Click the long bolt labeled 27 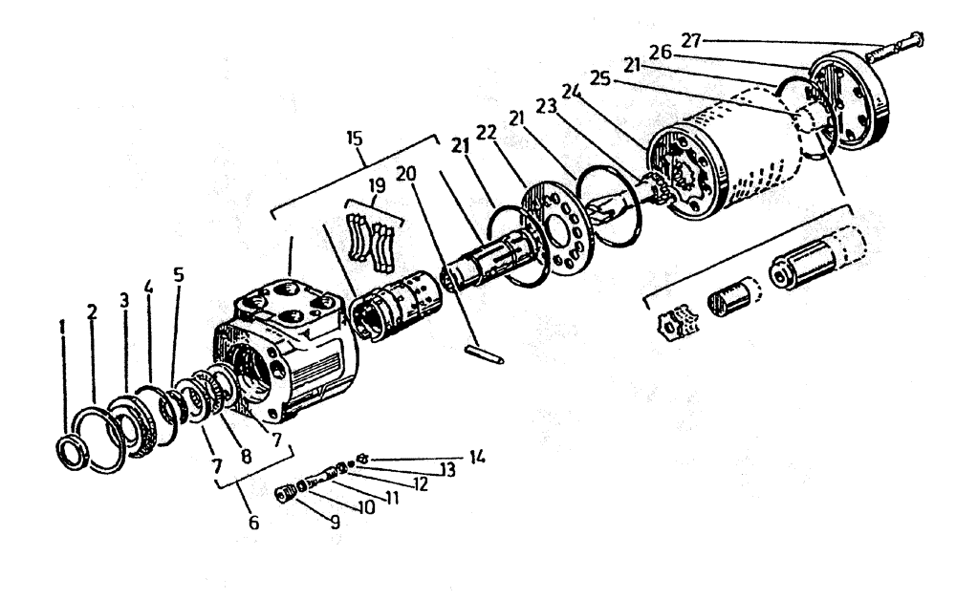click(x=894, y=43)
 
